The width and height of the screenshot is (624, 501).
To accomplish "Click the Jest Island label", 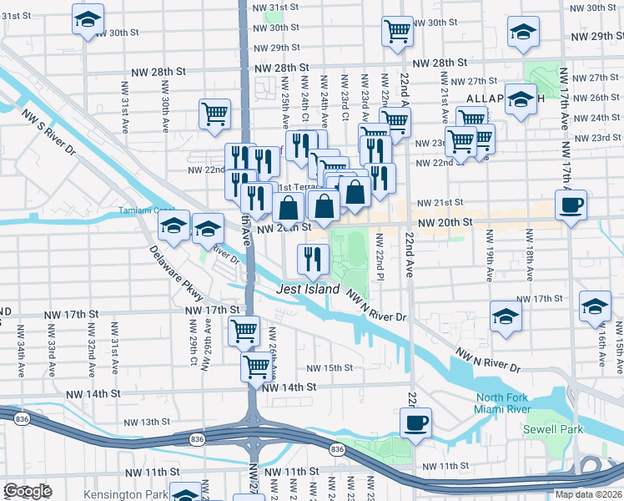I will [309, 290].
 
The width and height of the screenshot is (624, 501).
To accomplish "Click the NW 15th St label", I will [330, 368].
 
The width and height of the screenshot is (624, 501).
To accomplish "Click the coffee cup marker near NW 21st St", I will [571, 205].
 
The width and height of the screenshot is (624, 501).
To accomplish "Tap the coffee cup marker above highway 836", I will [415, 422].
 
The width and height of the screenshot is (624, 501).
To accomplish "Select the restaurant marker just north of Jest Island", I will [313, 259].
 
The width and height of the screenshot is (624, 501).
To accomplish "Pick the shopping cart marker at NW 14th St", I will [257, 366].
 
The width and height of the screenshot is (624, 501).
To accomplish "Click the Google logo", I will [28, 491].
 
